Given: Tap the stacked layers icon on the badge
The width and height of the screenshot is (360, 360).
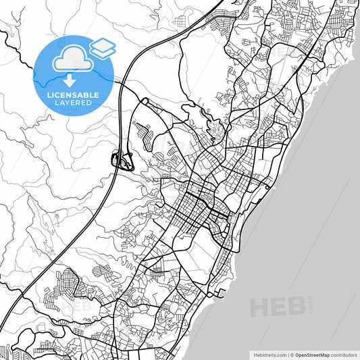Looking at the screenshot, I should [102, 48].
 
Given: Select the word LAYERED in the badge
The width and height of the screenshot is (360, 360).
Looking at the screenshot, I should [74, 105].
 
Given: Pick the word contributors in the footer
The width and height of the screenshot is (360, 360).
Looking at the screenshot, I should [344, 355].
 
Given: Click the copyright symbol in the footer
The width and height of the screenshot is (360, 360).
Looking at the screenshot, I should [292, 355].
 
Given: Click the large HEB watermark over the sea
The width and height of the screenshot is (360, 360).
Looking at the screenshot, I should [274, 307].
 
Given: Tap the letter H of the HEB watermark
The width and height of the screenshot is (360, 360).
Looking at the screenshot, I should [259, 307].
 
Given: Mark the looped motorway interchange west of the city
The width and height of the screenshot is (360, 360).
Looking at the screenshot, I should [122, 161].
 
